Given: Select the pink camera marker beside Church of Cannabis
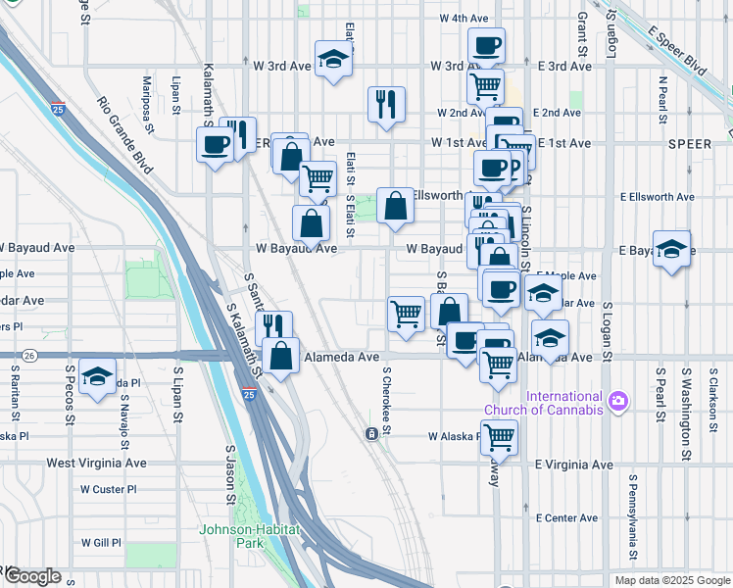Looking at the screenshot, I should (x=617, y=400).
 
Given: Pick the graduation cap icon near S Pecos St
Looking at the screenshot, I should (x=97, y=378).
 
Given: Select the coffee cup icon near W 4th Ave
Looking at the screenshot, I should (x=485, y=45).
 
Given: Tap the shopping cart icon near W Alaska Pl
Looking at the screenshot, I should (x=499, y=437).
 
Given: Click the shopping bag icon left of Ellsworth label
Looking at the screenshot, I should (x=394, y=206).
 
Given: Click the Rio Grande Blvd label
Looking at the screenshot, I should (x=125, y=135).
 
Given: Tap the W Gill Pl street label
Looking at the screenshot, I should (x=101, y=542).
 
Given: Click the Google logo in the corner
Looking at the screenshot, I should (x=32, y=576).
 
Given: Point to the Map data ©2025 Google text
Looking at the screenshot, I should (x=671, y=580).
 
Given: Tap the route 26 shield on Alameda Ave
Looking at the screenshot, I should (x=31, y=355).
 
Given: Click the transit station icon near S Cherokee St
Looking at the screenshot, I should (x=372, y=433).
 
